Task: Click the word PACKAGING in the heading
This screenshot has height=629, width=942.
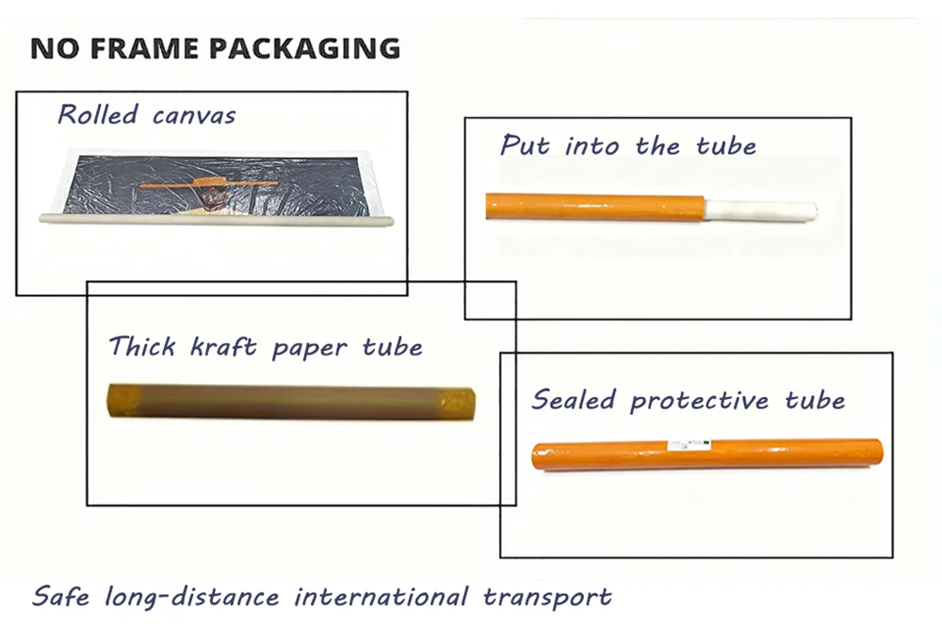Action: tap(304, 49)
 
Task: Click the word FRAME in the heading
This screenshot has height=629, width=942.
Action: tap(144, 49)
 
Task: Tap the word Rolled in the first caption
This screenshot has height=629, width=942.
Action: tap(98, 114)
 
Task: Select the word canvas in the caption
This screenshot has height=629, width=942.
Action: tap(194, 116)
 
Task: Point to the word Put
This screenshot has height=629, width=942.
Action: tap(525, 145)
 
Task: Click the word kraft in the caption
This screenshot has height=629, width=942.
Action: tap(223, 346)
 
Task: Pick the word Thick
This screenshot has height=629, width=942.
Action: tap(142, 346)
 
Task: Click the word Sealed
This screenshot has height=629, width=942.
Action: tap(574, 400)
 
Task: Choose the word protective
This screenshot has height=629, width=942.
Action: tap(699, 401)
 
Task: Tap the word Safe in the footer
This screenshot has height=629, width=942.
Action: tap(60, 596)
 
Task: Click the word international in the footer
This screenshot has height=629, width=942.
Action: tap(381, 596)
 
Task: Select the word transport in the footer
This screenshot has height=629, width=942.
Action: tap(547, 597)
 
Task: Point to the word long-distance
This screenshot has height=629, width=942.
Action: tap(192, 597)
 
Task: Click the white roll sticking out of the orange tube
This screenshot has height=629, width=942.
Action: tap(760, 211)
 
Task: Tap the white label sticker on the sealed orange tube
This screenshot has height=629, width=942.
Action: tap(690, 445)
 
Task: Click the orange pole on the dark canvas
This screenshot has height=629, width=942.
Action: tap(209, 183)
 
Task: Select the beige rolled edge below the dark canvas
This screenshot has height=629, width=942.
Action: tap(217, 219)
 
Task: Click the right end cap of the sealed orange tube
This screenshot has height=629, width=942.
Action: tap(876, 452)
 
